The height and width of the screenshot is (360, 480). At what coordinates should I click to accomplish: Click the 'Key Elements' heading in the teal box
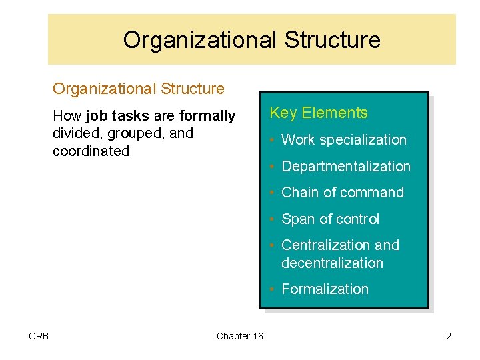pos(318,113)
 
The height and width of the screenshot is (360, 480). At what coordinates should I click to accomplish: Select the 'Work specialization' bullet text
pos(343,140)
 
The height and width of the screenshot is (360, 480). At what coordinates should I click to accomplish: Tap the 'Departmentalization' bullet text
pos(346,167)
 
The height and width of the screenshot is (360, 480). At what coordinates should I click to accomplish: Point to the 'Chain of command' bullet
pos(343,193)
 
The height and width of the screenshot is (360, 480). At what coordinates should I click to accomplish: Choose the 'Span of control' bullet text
pos(330,219)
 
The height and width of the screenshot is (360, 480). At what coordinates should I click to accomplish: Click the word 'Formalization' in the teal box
pos(325,289)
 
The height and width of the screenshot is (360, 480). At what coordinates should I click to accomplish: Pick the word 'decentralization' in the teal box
pos(332,263)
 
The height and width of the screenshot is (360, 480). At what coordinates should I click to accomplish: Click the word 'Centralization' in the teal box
pos(327,245)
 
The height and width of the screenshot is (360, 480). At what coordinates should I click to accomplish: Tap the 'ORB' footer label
pos(38,336)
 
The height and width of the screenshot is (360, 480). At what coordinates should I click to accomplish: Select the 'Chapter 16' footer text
pos(240,336)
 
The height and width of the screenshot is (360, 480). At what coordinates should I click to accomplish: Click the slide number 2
pos(449,336)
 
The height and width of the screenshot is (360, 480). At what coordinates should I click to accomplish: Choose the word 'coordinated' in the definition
pos(91,151)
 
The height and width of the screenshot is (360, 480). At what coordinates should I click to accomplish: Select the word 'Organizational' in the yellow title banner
pos(199,40)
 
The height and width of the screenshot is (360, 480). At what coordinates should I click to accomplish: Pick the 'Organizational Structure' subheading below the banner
pos(139,89)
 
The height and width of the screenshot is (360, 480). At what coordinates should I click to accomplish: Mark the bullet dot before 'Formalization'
pos(273,290)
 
